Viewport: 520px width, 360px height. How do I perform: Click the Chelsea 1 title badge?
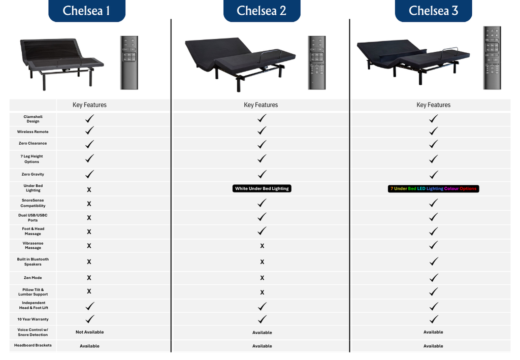coord(86,11)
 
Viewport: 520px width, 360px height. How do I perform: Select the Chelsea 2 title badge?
coord(262,11)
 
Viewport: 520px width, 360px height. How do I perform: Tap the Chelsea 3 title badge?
coord(433,11)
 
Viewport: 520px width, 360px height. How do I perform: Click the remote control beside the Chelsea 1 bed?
coord(129,62)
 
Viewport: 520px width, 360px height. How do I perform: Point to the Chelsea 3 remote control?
coord(492,57)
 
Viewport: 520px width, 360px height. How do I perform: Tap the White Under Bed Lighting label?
coord(262,188)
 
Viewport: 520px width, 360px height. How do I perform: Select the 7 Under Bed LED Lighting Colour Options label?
coord(433,188)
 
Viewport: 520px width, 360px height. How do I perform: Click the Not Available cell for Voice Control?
coord(89,332)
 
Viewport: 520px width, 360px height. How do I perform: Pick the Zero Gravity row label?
coord(33,174)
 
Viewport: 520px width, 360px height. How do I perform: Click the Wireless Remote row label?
coord(33,132)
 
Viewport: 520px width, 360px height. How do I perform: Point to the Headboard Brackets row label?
coord(33,345)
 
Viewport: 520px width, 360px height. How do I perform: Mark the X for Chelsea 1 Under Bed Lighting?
coord(89,189)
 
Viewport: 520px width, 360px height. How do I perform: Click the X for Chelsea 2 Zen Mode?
coord(262,278)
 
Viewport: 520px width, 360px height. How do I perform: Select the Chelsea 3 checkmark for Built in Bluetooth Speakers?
coord(433,261)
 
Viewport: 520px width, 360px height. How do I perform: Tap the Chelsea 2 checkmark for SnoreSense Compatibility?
coord(262,203)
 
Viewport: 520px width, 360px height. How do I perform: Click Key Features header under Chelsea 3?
coord(433,105)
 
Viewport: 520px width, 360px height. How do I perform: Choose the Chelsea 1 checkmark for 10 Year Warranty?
coord(89,319)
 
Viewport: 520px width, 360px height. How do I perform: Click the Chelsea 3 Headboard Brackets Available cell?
coord(433,346)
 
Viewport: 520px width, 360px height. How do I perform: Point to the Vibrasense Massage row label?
coord(33,246)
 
